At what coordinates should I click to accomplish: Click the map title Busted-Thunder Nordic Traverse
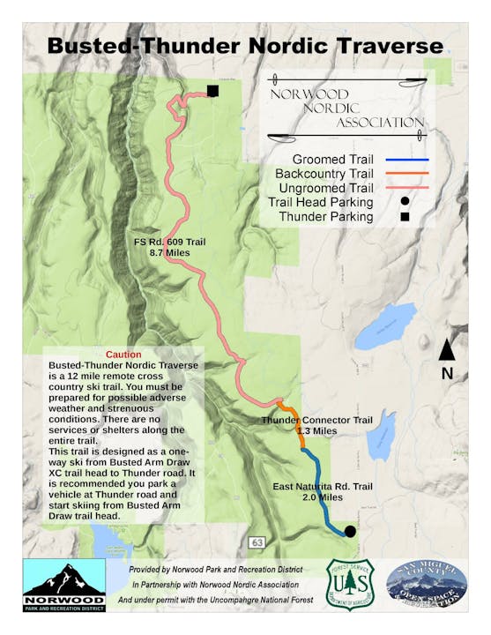click(245, 46)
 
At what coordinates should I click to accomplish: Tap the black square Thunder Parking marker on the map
click(212, 90)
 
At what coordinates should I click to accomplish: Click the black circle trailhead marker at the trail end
click(350, 531)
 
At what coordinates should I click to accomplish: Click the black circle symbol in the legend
click(405, 202)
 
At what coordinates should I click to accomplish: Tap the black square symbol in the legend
click(405, 216)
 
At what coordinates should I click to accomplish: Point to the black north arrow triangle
click(447, 350)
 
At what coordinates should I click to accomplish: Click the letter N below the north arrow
click(447, 373)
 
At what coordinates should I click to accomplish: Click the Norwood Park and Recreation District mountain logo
click(63, 586)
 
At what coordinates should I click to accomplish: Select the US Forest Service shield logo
click(350, 585)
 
